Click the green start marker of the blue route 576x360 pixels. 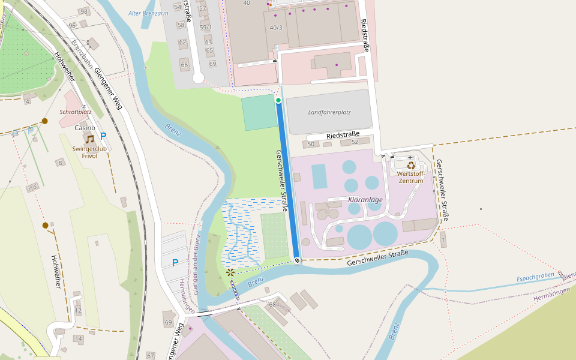(x=278, y=100)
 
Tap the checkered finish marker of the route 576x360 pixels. (x=298, y=260)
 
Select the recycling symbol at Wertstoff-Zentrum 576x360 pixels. (x=411, y=165)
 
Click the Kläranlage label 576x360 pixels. (x=365, y=199)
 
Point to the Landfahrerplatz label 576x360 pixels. (x=329, y=112)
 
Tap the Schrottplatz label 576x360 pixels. (x=76, y=112)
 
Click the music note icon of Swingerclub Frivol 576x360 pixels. (x=89, y=139)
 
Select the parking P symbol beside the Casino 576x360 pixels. (x=103, y=136)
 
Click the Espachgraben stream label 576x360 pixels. (x=536, y=277)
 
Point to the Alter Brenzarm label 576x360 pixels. (x=148, y=13)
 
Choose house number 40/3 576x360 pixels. (x=276, y=28)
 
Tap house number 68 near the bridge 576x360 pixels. (x=272, y=305)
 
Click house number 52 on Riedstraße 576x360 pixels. (x=355, y=142)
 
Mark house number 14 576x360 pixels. (x=78, y=339)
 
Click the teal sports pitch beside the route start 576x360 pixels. (x=260, y=112)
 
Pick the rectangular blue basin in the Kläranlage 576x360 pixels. (x=319, y=176)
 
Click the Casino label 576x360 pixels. (x=85, y=128)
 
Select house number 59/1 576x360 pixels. (x=206, y=28)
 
